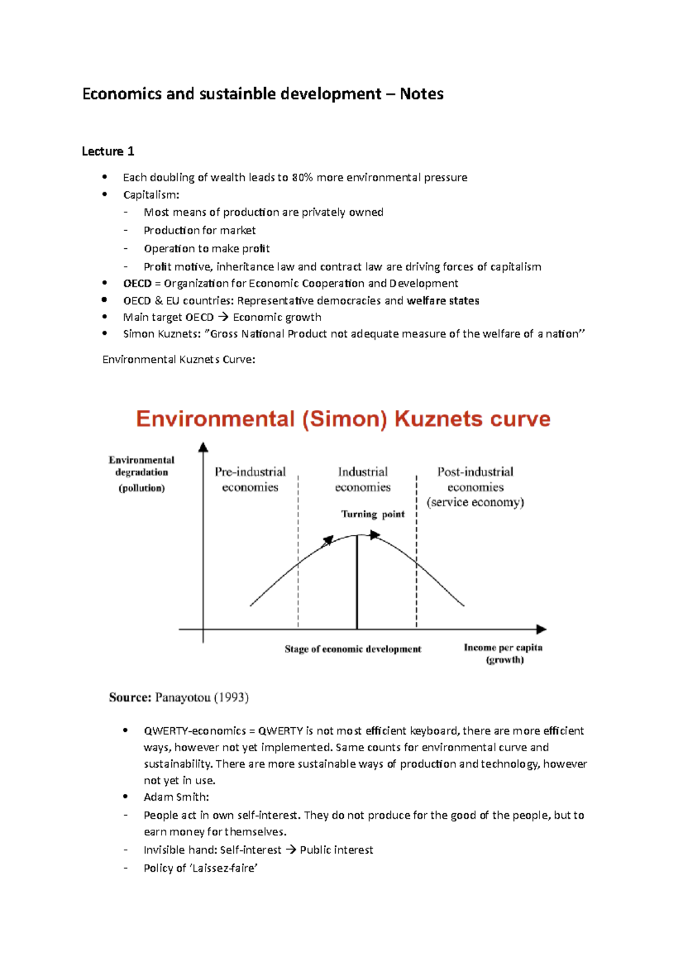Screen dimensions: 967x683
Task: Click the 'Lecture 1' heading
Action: pyautogui.click(x=108, y=151)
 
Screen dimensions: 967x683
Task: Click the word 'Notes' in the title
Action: pyautogui.click(x=421, y=94)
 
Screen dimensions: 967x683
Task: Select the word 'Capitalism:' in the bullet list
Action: pyautogui.click(x=151, y=195)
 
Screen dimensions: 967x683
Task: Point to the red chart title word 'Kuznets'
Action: pyautogui.click(x=439, y=419)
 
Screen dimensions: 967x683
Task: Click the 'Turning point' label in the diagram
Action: pyautogui.click(x=373, y=514)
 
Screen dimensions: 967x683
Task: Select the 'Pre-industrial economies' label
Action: pyautogui.click(x=250, y=480)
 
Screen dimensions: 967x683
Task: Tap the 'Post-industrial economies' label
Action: pyautogui.click(x=475, y=480)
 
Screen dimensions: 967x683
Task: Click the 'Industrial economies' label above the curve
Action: pyautogui.click(x=363, y=480)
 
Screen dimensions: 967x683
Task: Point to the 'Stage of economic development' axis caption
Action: pyautogui.click(x=353, y=649)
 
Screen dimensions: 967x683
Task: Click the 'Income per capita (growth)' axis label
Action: pyautogui.click(x=503, y=654)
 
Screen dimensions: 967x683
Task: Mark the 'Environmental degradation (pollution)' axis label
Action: pyautogui.click(x=142, y=473)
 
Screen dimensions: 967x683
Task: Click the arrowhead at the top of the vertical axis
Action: pyautogui.click(x=203, y=447)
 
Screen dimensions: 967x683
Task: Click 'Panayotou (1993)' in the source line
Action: pyautogui.click(x=201, y=698)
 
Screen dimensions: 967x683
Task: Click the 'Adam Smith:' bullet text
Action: pyautogui.click(x=176, y=797)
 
